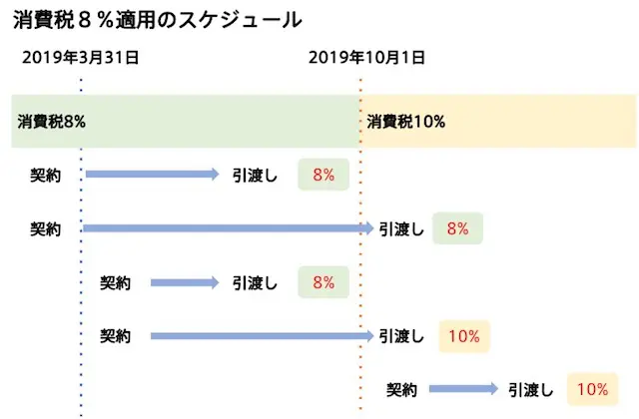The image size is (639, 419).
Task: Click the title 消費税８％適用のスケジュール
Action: coord(159,19)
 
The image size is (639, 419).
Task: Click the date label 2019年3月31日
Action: coord(81,57)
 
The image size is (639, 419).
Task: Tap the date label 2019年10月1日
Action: coord(365,57)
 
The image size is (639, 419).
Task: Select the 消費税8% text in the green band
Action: coord(51,122)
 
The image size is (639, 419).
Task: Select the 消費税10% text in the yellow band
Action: coord(405,122)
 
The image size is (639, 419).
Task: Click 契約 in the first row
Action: coord(46,175)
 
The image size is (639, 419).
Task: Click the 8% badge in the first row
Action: coord(322,175)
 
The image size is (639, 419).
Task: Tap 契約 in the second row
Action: coord(46,229)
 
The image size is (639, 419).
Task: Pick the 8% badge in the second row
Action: coord(458,229)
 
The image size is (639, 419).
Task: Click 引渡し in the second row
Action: coord(401,229)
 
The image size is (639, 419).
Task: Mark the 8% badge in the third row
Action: coord(322,282)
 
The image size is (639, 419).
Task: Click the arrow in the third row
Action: coord(185,282)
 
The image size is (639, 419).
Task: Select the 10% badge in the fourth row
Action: coord(464,336)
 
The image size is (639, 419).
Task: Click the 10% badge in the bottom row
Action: coord(592,389)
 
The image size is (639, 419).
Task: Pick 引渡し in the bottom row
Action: coord(530,389)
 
